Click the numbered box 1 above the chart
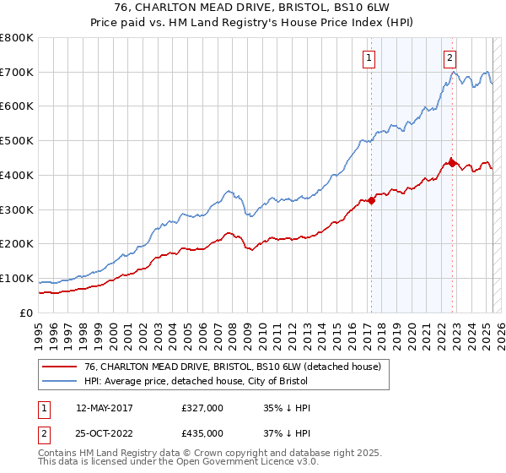click(x=370, y=58)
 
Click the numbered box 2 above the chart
click(x=450, y=58)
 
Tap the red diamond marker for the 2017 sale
click(x=371, y=200)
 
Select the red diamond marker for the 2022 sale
click(x=452, y=162)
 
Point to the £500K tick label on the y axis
click(x=17, y=141)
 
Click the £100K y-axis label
click(x=17, y=279)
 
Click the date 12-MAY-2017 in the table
click(x=104, y=408)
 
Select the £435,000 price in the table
click(x=202, y=433)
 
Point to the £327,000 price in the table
click(x=202, y=408)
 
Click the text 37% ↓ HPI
click(x=287, y=433)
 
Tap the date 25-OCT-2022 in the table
click(x=105, y=433)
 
